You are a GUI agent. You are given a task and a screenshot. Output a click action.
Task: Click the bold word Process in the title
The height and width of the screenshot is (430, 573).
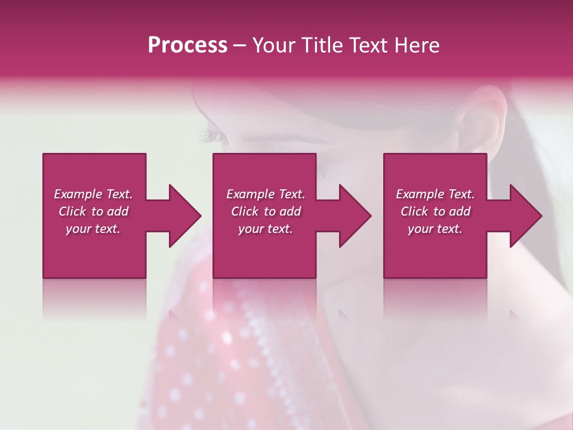point(187,45)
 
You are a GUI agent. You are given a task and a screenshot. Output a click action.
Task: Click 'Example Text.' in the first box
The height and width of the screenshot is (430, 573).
point(93,194)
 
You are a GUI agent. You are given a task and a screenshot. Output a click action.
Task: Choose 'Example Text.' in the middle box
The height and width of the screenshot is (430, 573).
point(266,194)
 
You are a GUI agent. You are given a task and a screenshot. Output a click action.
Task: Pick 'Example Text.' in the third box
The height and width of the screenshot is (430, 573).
point(435,194)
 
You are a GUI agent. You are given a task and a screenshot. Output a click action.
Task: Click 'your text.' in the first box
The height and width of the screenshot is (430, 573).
point(93,229)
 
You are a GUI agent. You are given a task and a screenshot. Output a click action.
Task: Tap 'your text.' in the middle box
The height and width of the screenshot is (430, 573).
point(266,229)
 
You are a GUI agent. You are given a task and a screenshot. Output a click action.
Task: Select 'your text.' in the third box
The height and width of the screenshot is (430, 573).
point(435,229)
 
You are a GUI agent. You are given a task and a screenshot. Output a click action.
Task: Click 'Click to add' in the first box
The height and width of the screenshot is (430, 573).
point(93,211)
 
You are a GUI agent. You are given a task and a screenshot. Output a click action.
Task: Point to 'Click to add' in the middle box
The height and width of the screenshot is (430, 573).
point(266,211)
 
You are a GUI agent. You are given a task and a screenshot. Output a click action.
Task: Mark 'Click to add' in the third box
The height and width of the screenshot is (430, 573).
point(435,211)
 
